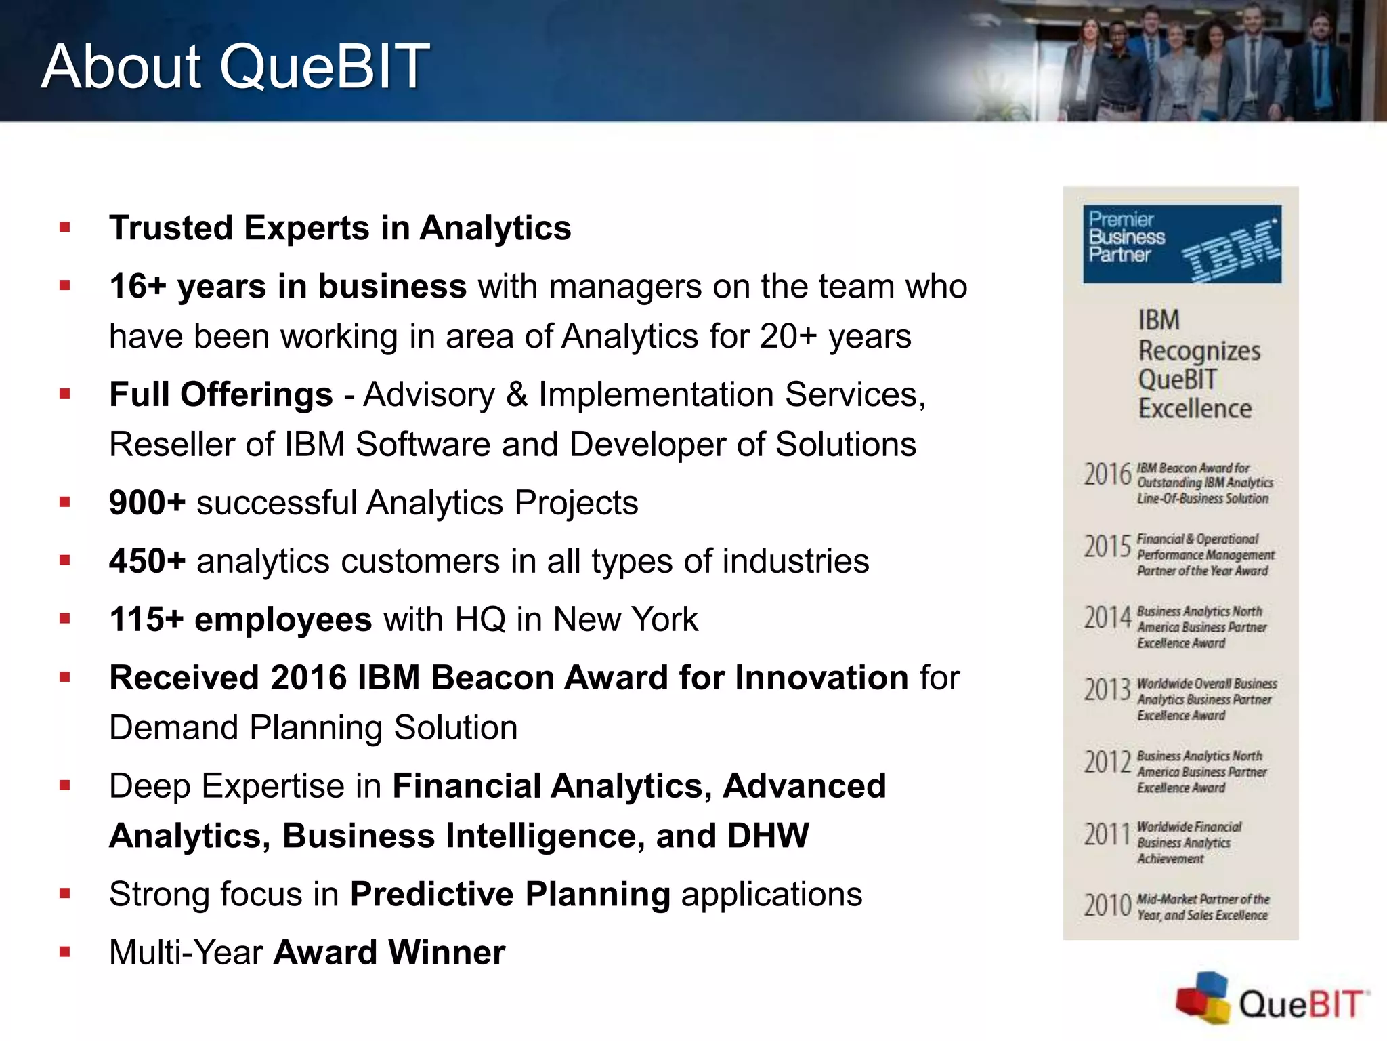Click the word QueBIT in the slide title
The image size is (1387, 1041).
(324, 66)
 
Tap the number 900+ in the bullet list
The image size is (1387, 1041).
(147, 503)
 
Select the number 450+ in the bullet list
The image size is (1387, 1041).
(147, 561)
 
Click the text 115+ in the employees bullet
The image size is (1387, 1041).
(146, 619)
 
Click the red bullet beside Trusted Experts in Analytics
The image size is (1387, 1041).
(65, 228)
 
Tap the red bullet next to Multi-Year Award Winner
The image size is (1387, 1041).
(65, 952)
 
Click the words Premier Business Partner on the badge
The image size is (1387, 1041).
(1126, 237)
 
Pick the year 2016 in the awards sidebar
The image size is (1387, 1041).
(1107, 474)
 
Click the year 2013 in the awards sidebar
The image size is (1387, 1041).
(1107, 691)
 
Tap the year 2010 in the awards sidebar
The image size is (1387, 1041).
(1107, 905)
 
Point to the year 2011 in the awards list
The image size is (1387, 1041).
(1107, 835)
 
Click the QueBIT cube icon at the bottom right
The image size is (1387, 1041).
(1203, 998)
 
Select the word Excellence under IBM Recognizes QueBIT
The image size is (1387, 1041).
(1195, 409)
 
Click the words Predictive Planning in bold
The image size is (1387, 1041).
(510, 894)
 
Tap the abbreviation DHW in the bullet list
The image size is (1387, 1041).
(768, 836)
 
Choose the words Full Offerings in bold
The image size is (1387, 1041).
(221, 394)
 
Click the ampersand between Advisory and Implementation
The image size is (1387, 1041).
(517, 394)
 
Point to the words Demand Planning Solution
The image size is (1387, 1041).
(313, 728)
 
